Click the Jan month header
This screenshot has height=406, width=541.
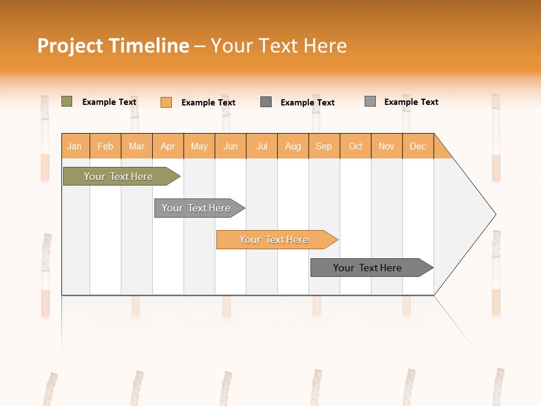(74, 146)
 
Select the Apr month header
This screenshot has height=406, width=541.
(168, 146)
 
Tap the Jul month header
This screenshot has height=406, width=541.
(261, 146)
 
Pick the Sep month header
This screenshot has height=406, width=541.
(324, 146)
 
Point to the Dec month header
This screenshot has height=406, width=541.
(418, 146)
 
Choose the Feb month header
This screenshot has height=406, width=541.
(105, 146)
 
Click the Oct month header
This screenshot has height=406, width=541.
(356, 146)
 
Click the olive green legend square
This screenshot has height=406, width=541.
(66, 101)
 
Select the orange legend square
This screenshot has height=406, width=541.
(166, 102)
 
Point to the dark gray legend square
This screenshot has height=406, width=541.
(266, 102)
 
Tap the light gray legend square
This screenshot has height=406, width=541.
(370, 101)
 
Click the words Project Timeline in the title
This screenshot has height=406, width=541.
(113, 46)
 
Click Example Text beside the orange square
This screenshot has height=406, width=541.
(209, 103)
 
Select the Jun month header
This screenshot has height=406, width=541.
(230, 146)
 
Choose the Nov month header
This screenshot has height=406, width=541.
(387, 146)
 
